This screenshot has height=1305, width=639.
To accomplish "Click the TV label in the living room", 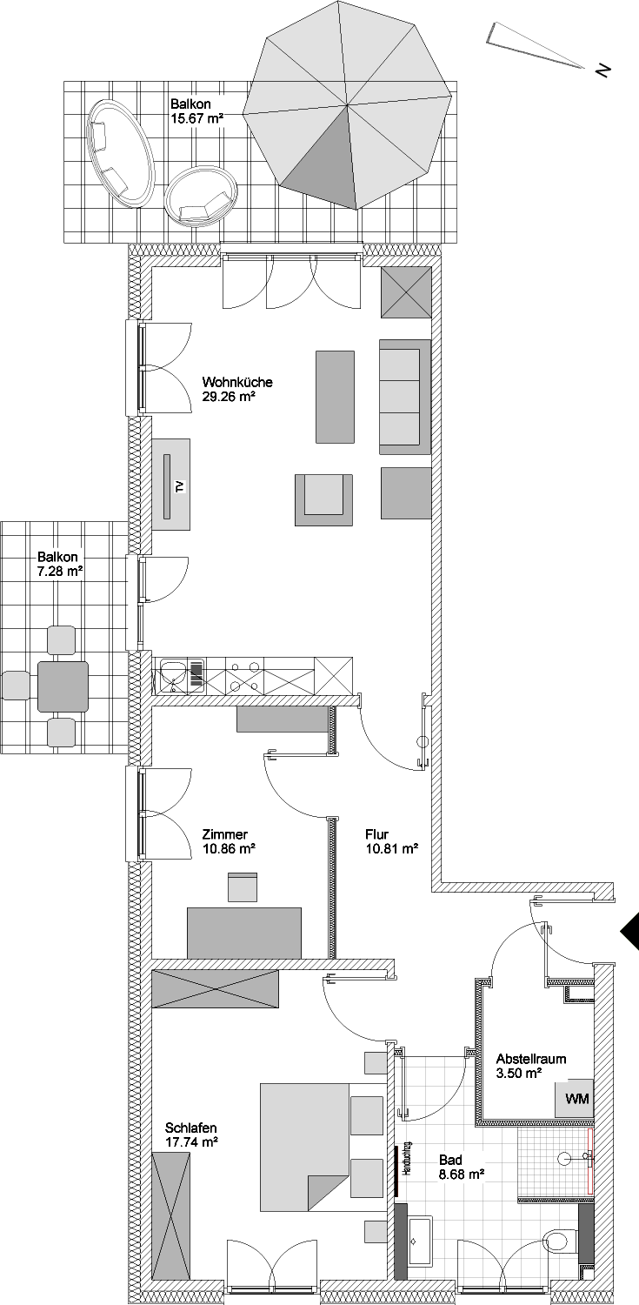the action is [181, 486].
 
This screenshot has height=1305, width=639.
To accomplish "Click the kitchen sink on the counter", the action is [173, 675].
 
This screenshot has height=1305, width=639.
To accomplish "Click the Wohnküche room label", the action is [236, 383].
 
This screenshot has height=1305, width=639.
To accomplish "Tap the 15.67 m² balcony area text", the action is [197, 118].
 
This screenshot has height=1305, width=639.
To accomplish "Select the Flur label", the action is [377, 834].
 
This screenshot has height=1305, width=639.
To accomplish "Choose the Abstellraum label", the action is [530, 1059].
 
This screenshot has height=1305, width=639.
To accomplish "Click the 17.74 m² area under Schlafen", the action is [192, 1142].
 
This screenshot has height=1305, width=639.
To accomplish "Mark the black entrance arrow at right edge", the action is [629, 932].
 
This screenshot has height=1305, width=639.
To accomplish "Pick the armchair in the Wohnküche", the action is [323, 500].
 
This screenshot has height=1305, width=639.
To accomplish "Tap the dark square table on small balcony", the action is [63, 686].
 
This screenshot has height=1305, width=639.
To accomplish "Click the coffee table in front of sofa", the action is [336, 396].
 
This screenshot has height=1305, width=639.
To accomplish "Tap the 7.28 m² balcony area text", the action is [60, 572].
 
